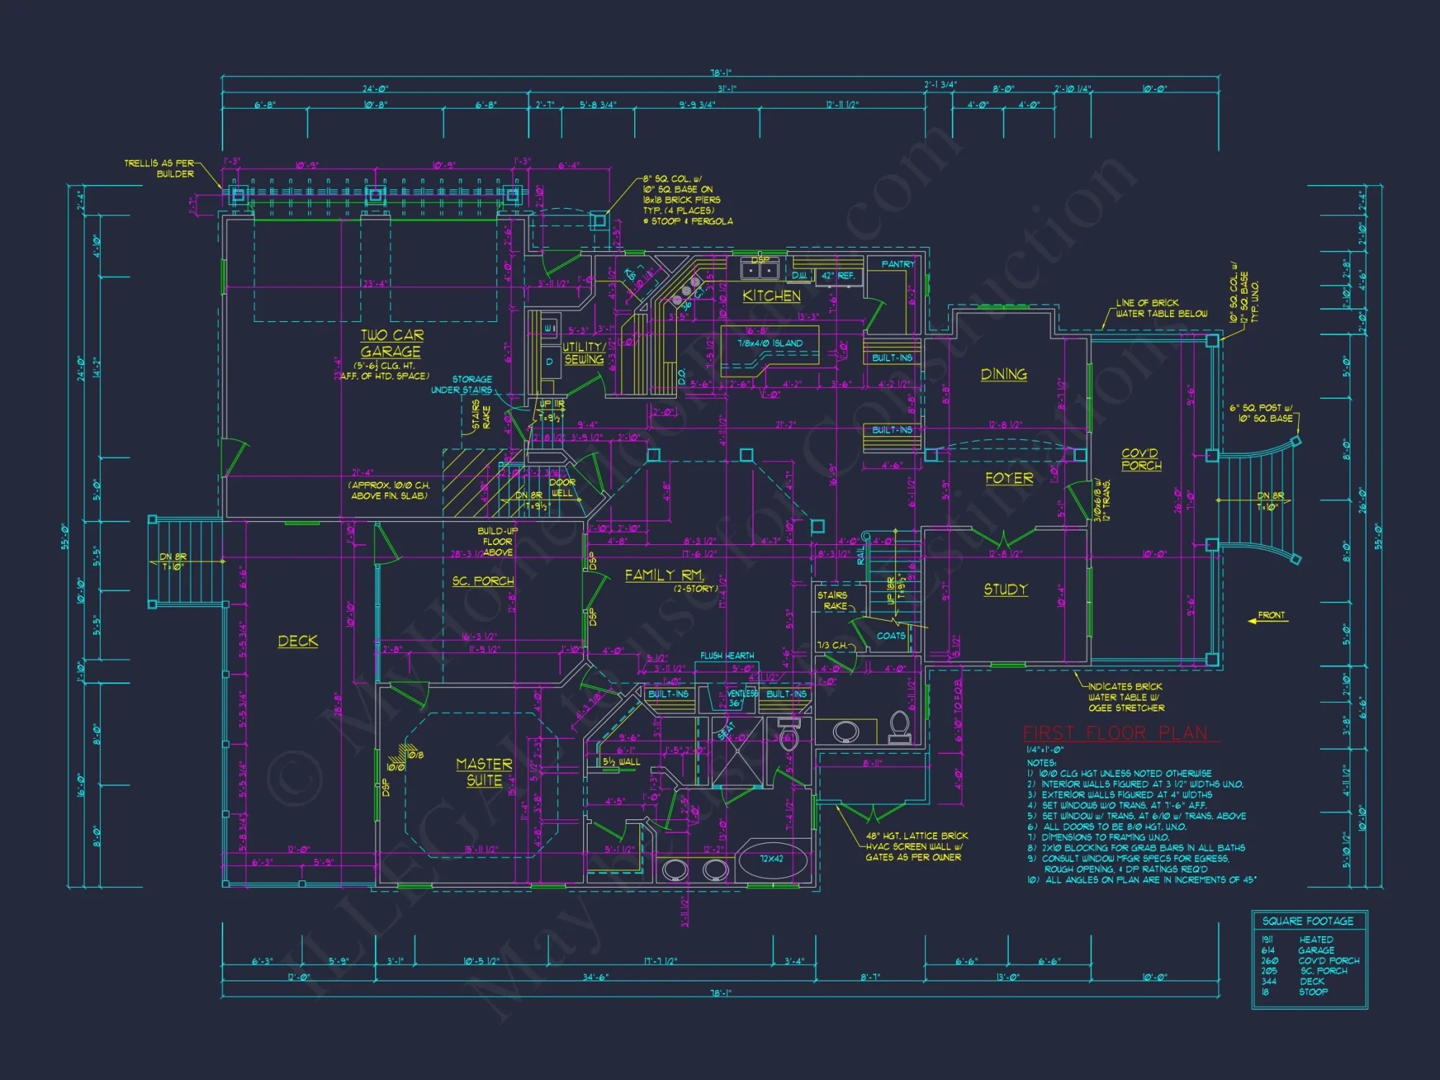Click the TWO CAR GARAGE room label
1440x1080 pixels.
[391, 343]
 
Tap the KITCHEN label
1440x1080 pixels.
[771, 296]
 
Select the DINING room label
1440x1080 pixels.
[1004, 374]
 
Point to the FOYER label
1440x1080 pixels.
[1009, 479]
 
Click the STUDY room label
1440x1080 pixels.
[1005, 590]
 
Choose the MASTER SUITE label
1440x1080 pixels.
[484, 772]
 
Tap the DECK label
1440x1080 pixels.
[297, 641]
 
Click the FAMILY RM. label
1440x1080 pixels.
[664, 575]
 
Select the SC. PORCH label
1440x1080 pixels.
[483, 581]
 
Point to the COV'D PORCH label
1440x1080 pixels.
[1141, 459]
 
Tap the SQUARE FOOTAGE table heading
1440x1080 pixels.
[1308, 921]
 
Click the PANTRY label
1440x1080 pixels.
[897, 264]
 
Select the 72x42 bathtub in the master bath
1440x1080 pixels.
[772, 860]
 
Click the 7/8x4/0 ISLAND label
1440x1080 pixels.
[770, 343]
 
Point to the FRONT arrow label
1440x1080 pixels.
[1271, 616]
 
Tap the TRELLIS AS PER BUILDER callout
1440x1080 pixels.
[159, 168]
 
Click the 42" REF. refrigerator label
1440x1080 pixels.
[837, 276]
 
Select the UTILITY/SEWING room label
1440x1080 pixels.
[583, 353]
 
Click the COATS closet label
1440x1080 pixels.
[891, 636]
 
